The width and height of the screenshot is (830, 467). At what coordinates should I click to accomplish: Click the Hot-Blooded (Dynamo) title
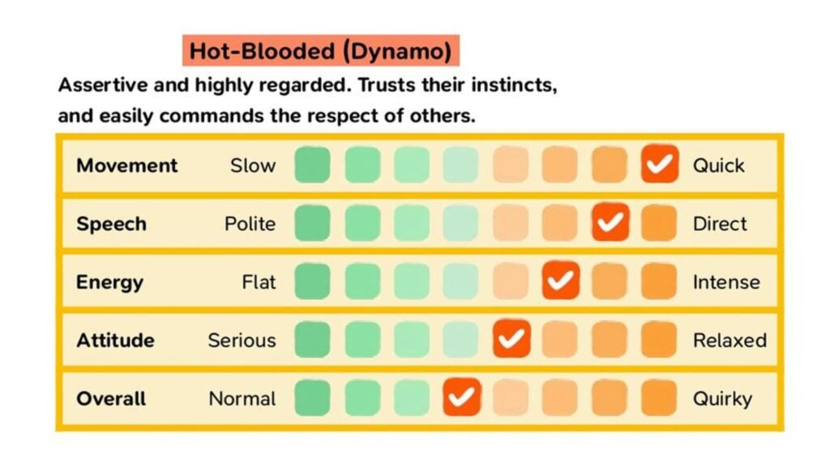point(320,51)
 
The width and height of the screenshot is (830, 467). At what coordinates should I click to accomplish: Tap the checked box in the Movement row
point(660,165)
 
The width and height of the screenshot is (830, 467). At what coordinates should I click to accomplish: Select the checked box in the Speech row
point(610,223)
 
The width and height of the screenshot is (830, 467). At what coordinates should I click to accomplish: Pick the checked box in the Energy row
point(561,281)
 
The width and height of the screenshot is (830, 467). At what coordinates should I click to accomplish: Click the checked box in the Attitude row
point(511,340)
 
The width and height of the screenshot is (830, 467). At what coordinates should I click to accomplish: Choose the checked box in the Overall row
point(462,398)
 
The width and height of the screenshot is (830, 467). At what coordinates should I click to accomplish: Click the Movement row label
point(126,165)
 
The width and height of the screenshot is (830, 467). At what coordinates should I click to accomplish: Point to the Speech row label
point(111,224)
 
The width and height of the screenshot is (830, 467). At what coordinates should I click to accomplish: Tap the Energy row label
point(109,282)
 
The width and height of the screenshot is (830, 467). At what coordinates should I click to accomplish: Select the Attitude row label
point(115,341)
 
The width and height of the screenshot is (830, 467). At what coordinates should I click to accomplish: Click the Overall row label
point(111,399)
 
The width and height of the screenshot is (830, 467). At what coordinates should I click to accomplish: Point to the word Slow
point(253,165)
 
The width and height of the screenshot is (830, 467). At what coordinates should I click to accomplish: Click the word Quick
point(718,165)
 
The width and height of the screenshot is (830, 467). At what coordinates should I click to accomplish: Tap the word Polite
point(250,224)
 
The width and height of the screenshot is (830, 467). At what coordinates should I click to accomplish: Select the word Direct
point(720,224)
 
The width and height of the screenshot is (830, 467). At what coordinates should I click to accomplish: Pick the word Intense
point(726,282)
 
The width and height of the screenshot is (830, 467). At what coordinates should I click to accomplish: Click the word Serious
point(242,341)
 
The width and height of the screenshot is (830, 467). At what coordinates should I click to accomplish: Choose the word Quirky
point(722,399)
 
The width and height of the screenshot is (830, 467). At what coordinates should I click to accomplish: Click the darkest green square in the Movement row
point(312,165)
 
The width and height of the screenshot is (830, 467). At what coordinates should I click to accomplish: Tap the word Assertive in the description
point(96,84)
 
